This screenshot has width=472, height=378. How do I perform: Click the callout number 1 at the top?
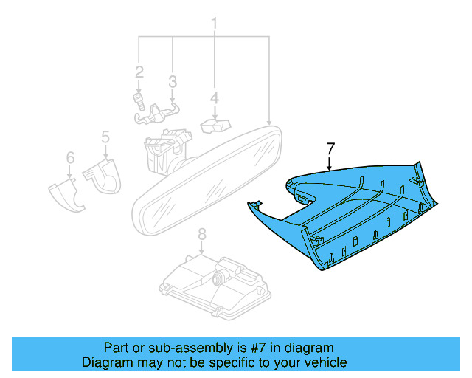click(x=215, y=24)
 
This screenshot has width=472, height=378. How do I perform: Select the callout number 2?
click(x=139, y=72)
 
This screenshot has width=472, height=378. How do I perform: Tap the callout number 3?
click(x=172, y=80)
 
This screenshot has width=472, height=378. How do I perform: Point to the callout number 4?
click(x=214, y=97)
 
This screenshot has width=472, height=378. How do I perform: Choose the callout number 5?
click(x=105, y=137)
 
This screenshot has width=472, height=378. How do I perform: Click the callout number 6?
click(x=70, y=157)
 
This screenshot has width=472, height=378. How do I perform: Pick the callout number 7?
click(x=330, y=149)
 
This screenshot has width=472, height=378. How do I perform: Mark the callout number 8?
click(x=201, y=235)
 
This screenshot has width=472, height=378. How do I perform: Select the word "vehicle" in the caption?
click(x=324, y=362)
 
